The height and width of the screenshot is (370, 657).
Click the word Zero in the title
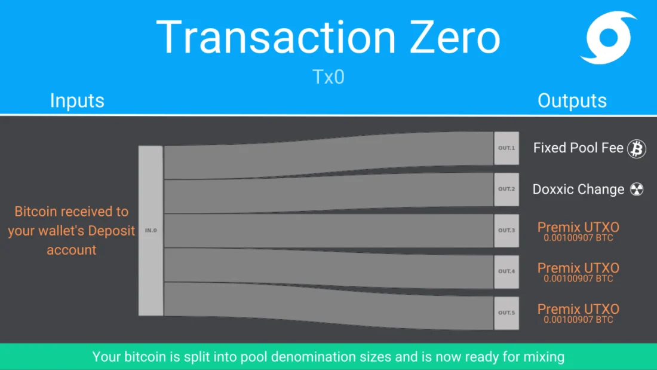[455, 37]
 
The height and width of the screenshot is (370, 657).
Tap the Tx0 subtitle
[328, 77]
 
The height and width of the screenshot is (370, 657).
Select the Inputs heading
[77, 100]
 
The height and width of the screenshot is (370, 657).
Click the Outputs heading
[572, 100]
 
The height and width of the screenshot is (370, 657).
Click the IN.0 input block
[151, 230]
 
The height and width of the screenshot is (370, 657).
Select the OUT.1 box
[506, 148]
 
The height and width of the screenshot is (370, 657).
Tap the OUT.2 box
[506, 189]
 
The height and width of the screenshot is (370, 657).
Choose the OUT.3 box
[506, 230]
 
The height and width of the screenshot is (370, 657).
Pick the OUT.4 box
[506, 271]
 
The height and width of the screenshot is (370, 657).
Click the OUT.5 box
[506, 313]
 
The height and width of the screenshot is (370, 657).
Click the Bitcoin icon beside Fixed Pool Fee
[637, 148]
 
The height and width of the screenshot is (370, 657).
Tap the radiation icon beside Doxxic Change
[637, 189]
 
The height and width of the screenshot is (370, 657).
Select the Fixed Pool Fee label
[578, 148]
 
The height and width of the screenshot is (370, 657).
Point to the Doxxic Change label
[578, 189]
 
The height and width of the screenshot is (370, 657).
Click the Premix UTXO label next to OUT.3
[578, 227]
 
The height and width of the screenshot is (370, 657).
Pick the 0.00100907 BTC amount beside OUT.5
[578, 320]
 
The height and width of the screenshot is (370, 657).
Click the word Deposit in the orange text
[112, 231]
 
